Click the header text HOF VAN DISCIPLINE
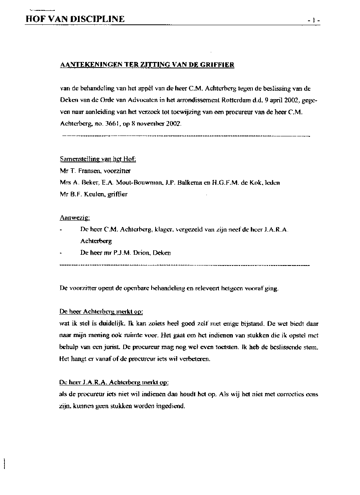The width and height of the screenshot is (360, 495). click(x=75, y=19)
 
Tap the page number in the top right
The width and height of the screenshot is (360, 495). click(x=312, y=20)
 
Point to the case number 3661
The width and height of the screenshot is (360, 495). click(x=92, y=124)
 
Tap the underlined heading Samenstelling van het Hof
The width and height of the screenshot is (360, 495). click(x=98, y=159)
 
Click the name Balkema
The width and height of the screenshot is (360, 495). click(x=193, y=183)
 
